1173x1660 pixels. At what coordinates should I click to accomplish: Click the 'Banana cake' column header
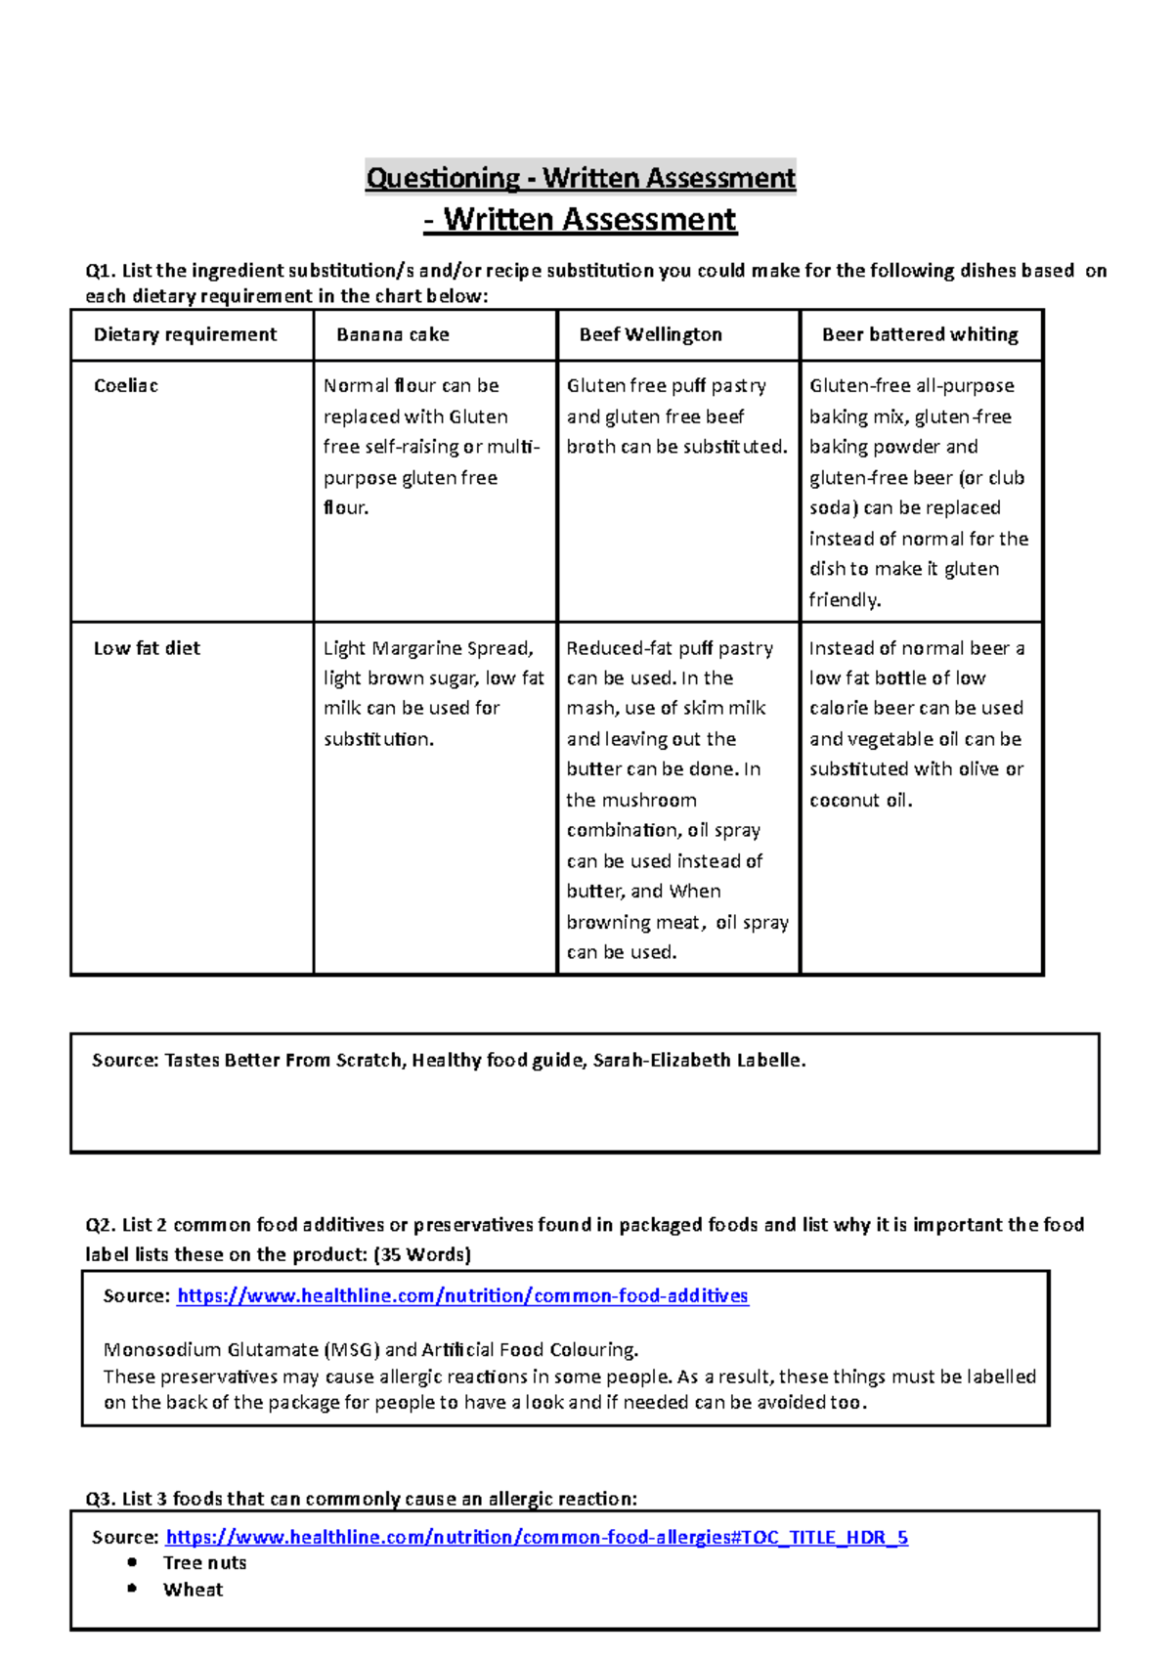[393, 335]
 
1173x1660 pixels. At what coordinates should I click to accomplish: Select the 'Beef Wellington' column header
[650, 335]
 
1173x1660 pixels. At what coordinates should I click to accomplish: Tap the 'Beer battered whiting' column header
[920, 335]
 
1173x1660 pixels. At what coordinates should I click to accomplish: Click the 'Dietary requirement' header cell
[185, 335]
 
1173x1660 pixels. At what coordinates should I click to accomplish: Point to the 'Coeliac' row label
[126, 386]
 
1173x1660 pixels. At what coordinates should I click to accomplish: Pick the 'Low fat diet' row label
[147, 648]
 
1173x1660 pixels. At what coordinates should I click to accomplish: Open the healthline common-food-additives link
[462, 1296]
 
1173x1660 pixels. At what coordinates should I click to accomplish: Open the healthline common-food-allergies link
[537, 1538]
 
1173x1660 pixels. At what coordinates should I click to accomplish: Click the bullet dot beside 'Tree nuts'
[133, 1562]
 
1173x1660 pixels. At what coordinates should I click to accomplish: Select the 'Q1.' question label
[101, 271]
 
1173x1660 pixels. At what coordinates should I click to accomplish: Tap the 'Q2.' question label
[101, 1226]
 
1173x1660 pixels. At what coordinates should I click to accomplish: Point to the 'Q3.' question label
[101, 1500]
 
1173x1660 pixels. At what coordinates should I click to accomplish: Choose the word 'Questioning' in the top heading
[442, 178]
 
